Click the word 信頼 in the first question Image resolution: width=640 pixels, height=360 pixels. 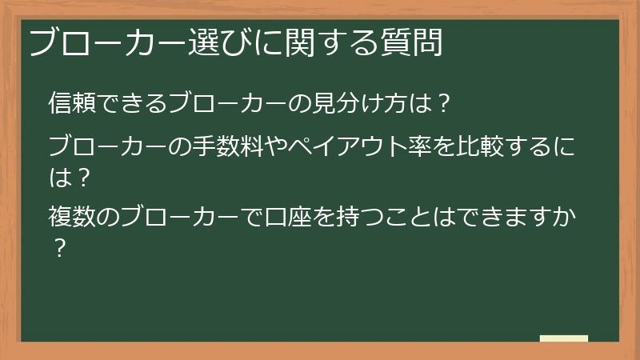click(x=70, y=103)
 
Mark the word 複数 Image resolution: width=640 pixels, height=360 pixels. click(x=70, y=216)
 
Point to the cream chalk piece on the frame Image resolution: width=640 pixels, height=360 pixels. click(x=564, y=339)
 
